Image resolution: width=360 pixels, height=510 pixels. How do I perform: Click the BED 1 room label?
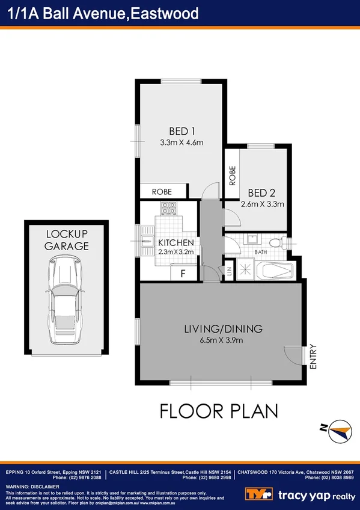tap(182, 131)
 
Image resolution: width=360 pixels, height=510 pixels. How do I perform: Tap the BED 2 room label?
tap(261, 193)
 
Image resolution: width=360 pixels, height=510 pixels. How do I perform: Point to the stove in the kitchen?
tap(168, 209)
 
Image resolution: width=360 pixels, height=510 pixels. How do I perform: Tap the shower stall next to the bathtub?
tap(245, 270)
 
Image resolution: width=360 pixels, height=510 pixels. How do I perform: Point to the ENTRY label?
tap(313, 357)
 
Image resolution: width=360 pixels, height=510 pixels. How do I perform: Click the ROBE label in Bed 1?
tap(161, 192)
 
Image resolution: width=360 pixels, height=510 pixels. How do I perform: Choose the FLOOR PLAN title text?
tap(219, 411)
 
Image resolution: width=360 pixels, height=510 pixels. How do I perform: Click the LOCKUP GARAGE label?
tap(66, 240)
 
